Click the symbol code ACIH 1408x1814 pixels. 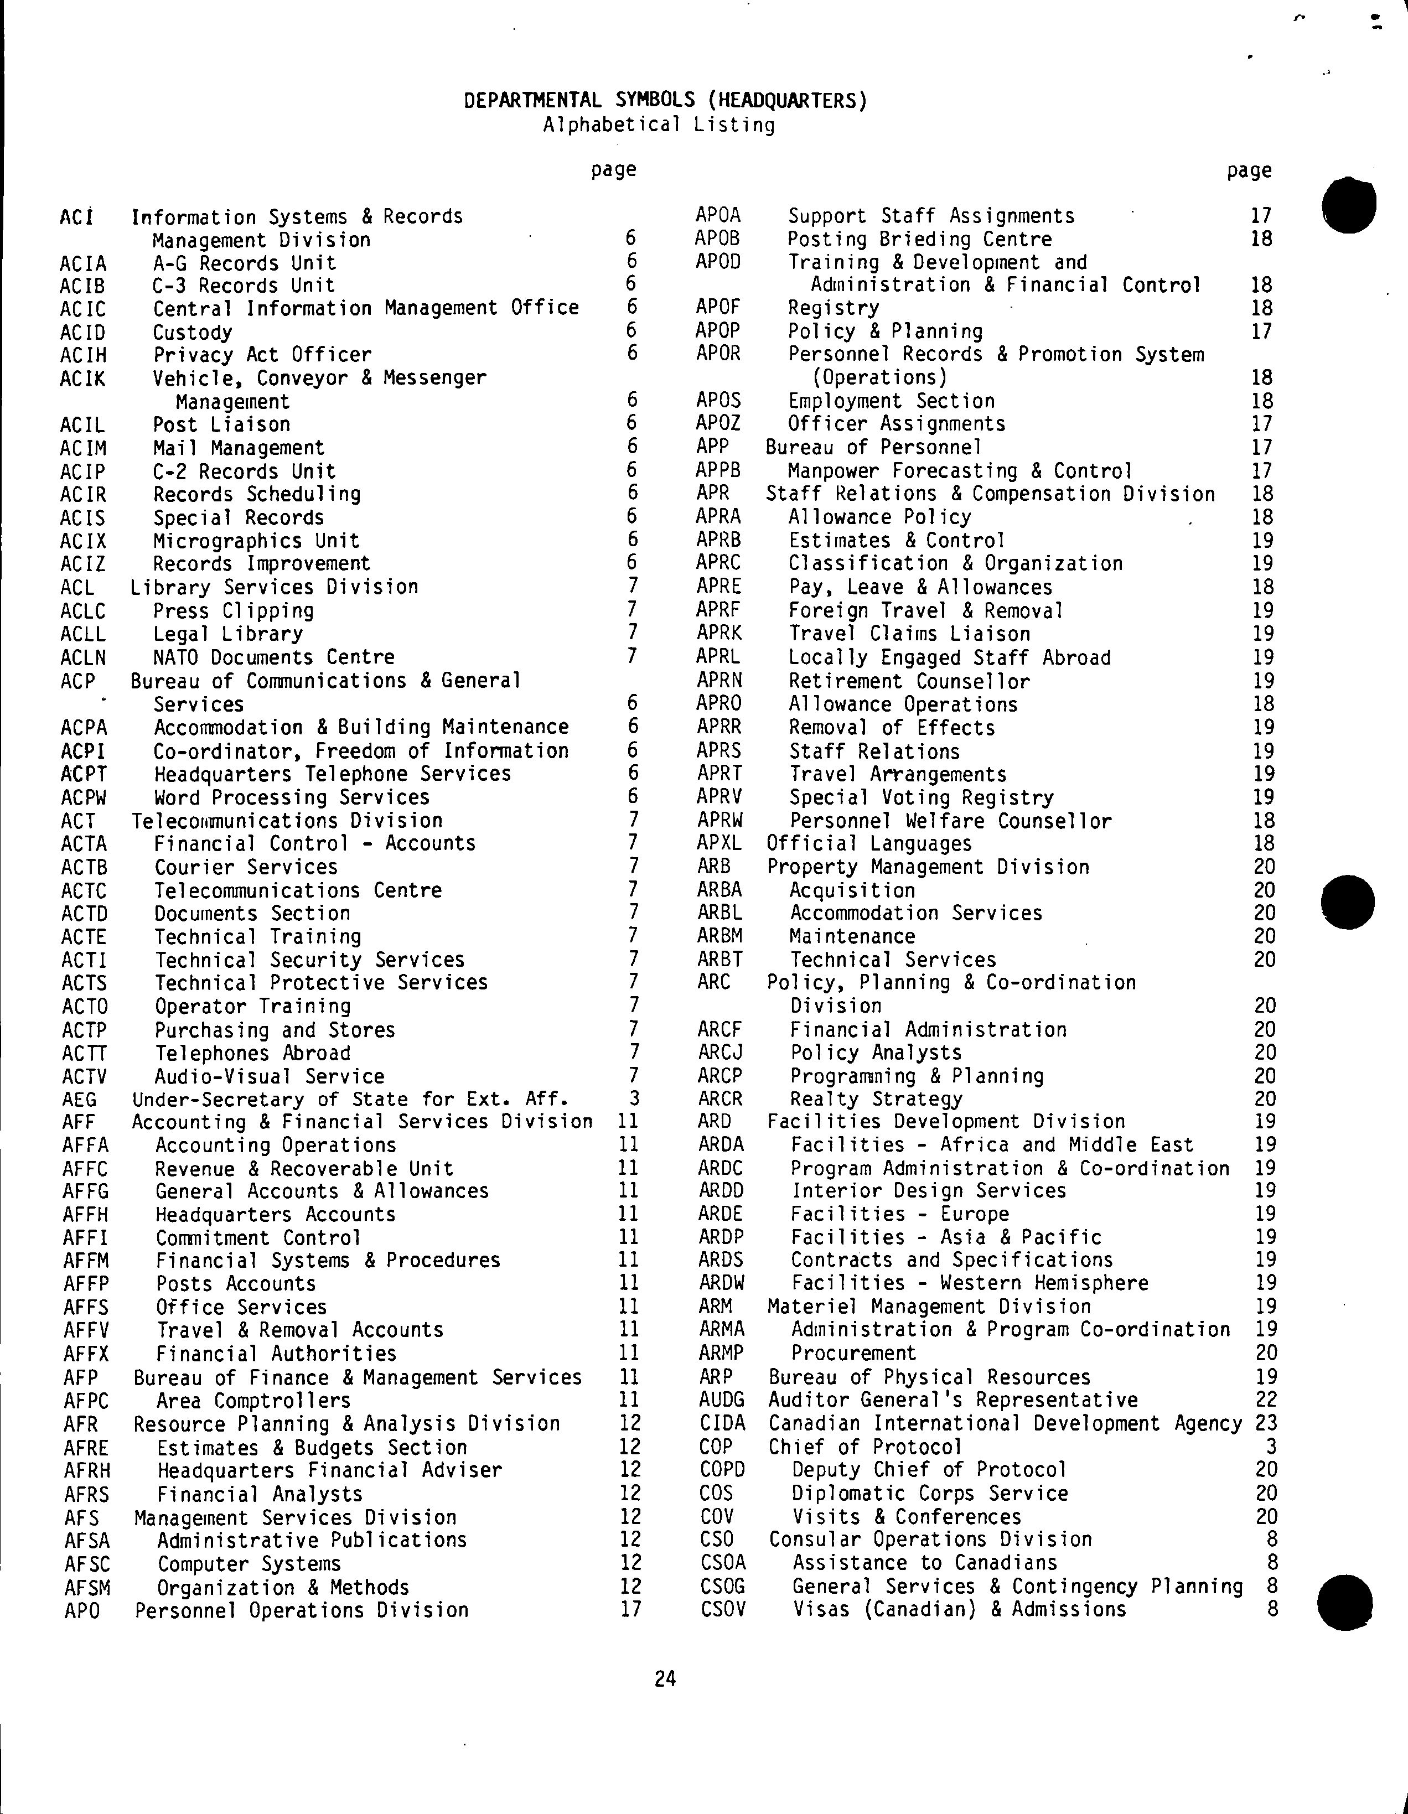(83, 355)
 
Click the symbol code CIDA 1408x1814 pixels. (722, 1424)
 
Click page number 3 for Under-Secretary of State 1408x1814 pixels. (634, 1099)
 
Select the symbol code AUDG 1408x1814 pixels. (722, 1401)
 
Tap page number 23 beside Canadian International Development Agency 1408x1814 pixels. (1266, 1424)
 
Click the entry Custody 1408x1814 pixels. (193, 332)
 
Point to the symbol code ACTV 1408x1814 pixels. (85, 1077)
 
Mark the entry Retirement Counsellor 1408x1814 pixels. (909, 681)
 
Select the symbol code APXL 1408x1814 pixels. (718, 844)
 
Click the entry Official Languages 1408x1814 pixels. (869, 844)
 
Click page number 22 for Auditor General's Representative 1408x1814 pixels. (1266, 1401)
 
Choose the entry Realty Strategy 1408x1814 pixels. (876, 1099)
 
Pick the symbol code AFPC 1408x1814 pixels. (86, 1401)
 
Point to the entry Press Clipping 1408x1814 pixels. (234, 611)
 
